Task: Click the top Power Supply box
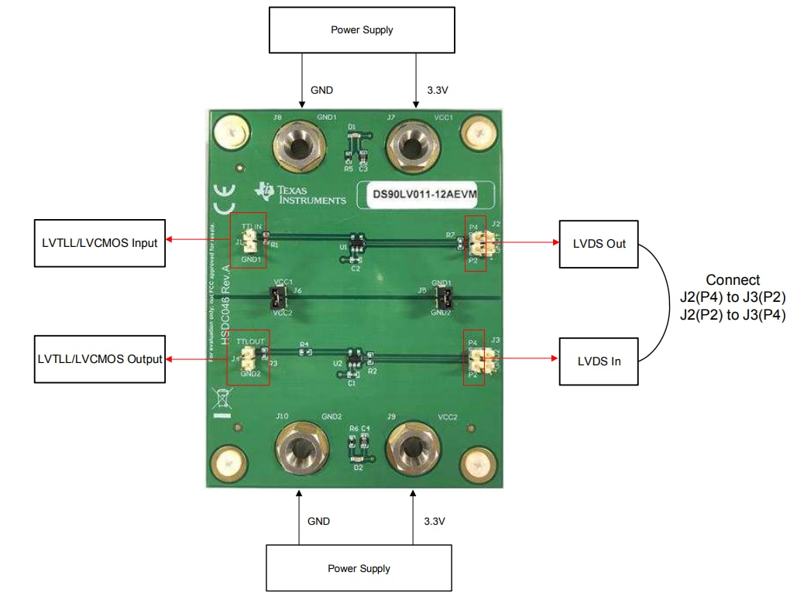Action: pyautogui.click(x=361, y=31)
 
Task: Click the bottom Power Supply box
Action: pyautogui.click(x=359, y=568)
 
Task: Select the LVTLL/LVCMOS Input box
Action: pyautogui.click(x=99, y=243)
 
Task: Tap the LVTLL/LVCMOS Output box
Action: pyautogui.click(x=99, y=359)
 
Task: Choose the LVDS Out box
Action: pyautogui.click(x=599, y=244)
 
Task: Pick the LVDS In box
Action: pyautogui.click(x=599, y=361)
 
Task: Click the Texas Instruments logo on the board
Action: pyautogui.click(x=302, y=194)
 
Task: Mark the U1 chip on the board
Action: pyautogui.click(x=355, y=245)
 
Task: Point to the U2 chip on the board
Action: pyautogui.click(x=350, y=361)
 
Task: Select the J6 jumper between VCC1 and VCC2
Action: pyautogui.click(x=279, y=296)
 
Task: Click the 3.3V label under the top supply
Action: pyautogui.click(x=437, y=90)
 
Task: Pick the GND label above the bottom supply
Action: pyautogui.click(x=318, y=521)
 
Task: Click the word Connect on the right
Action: pyautogui.click(x=732, y=280)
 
